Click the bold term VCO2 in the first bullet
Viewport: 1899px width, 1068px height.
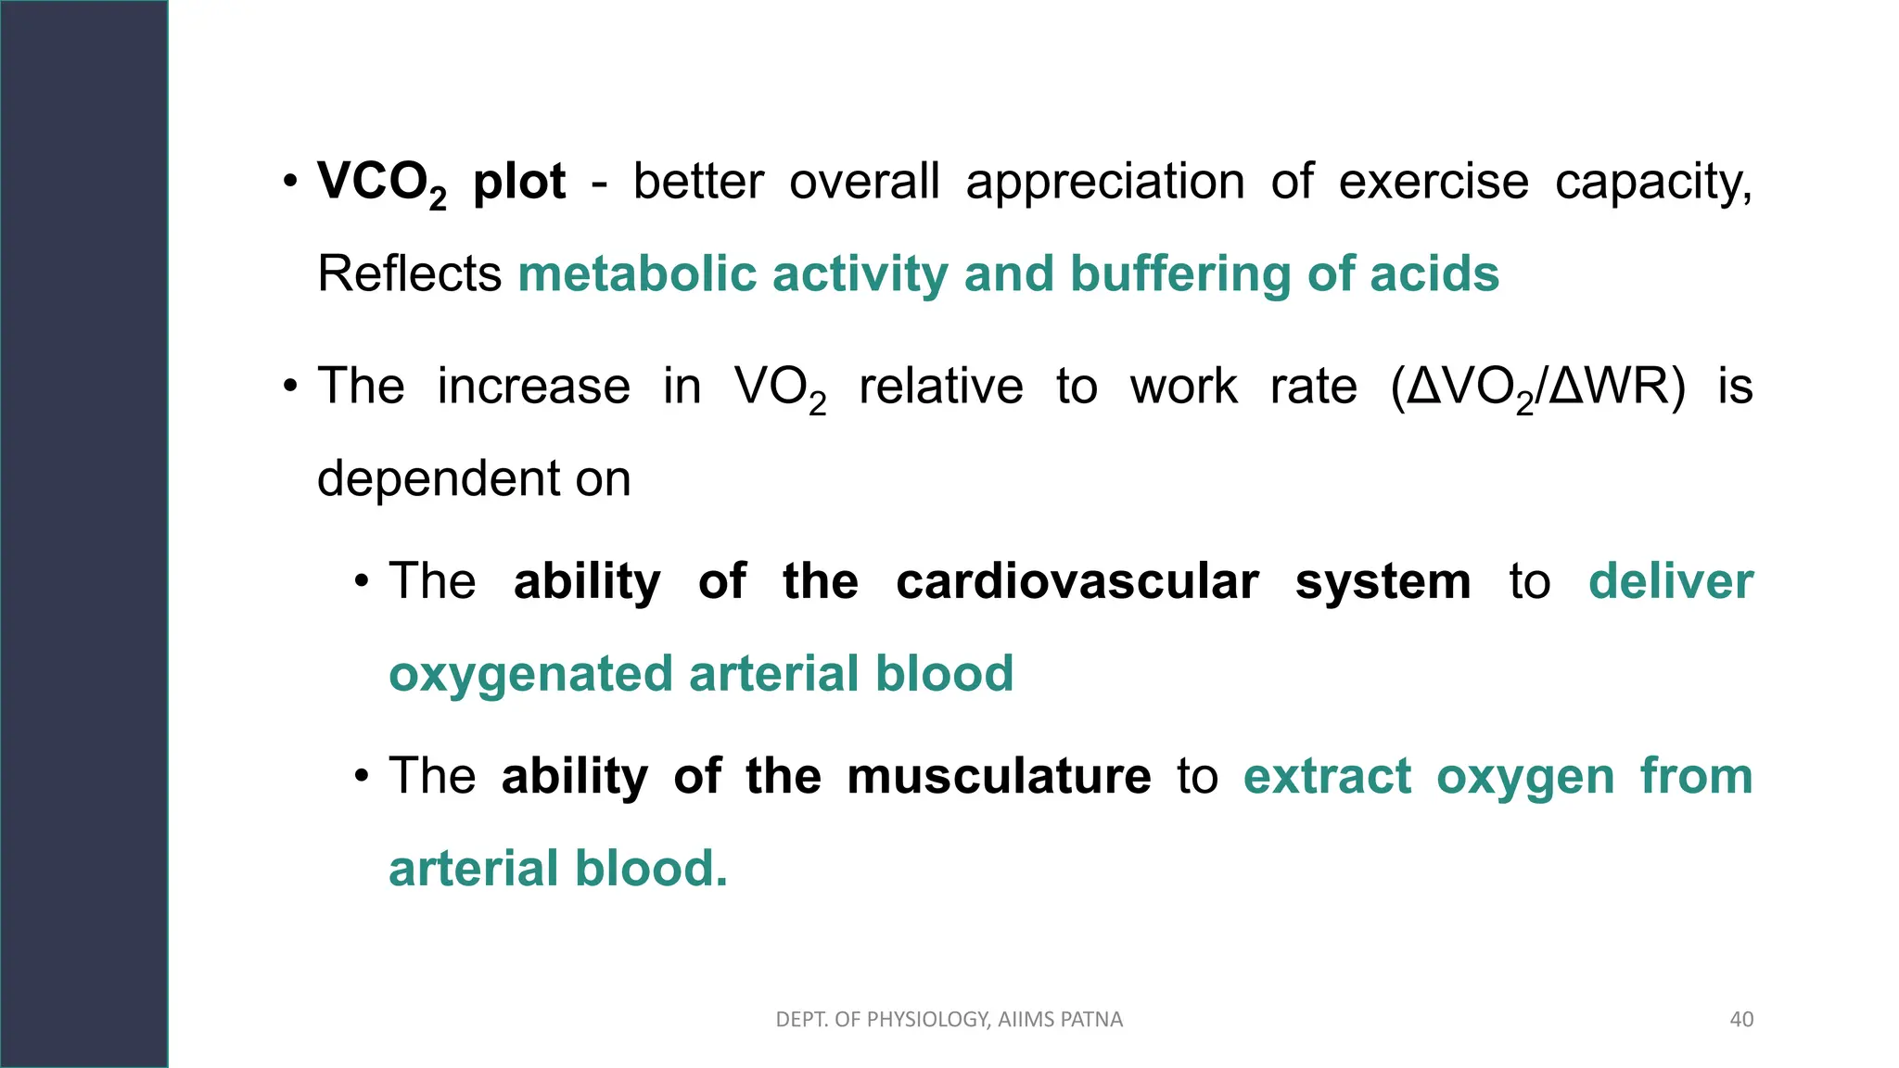pyautogui.click(x=381, y=183)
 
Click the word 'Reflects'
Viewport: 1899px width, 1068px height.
pyautogui.click(x=409, y=274)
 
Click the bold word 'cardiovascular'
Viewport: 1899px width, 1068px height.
pyautogui.click(x=1077, y=581)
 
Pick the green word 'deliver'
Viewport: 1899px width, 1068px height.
pyautogui.click(x=1670, y=581)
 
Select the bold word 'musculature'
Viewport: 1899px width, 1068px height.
pyautogui.click(x=999, y=776)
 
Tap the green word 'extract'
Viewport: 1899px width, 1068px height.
pyautogui.click(x=1327, y=776)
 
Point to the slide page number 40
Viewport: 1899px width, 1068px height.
pyautogui.click(x=1741, y=1020)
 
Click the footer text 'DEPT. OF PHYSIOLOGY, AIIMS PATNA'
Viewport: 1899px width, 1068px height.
pyautogui.click(x=949, y=1020)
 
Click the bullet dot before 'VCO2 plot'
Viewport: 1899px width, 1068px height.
pyautogui.click(x=290, y=181)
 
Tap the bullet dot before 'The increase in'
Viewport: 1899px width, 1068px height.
pyautogui.click(x=290, y=386)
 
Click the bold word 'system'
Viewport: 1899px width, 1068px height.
pyautogui.click(x=1383, y=581)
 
